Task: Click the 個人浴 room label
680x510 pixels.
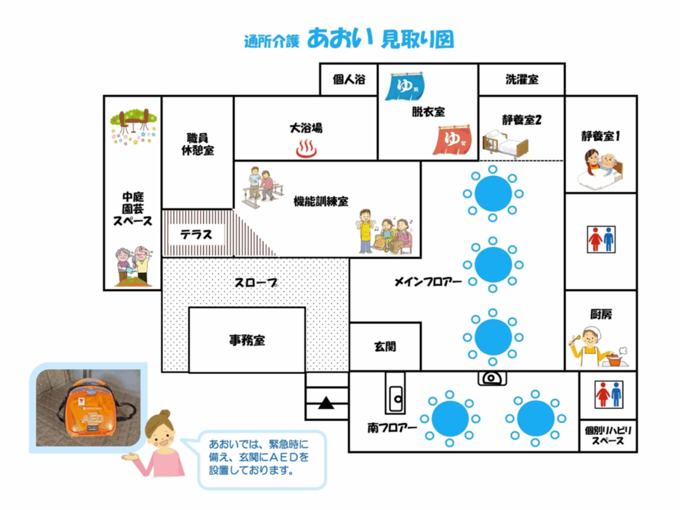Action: (x=349, y=80)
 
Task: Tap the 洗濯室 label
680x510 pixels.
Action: (x=521, y=80)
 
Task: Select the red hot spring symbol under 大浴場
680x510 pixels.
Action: (x=306, y=149)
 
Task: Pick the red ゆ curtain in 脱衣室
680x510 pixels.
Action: (x=452, y=141)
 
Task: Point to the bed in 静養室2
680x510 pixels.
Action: (x=505, y=143)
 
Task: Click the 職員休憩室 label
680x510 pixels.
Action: (x=197, y=144)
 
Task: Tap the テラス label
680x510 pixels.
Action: (x=196, y=234)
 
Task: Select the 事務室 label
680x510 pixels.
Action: (x=247, y=340)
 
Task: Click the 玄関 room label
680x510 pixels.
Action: (x=385, y=347)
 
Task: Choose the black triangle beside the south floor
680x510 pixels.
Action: (x=326, y=402)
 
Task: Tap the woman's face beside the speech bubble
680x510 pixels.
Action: (x=160, y=435)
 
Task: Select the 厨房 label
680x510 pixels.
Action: (x=600, y=314)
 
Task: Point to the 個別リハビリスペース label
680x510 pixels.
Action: (x=608, y=436)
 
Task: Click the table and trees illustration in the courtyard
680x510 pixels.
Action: (x=133, y=126)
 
